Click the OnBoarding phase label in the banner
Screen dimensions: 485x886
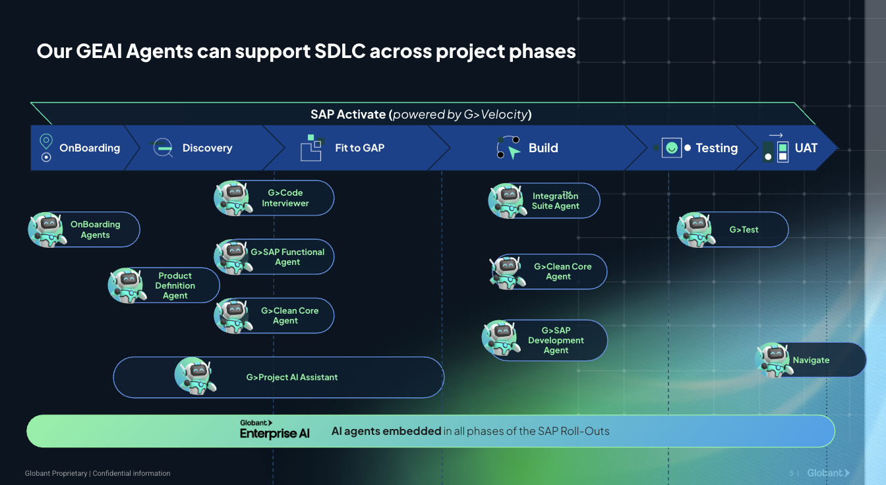pyautogui.click(x=90, y=148)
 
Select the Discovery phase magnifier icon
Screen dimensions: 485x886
pyautogui.click(x=162, y=148)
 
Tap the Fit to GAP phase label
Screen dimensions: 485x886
pyautogui.click(x=359, y=148)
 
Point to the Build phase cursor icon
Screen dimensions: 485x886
pyautogui.click(x=508, y=148)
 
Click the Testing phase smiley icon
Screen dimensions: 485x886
pyautogui.click(x=671, y=148)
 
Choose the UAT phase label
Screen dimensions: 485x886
pyautogui.click(x=806, y=148)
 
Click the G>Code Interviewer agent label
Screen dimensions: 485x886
pyautogui.click(x=285, y=198)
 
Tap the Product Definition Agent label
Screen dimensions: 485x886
pyautogui.click(x=175, y=286)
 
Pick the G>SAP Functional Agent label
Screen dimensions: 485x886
pyautogui.click(x=287, y=257)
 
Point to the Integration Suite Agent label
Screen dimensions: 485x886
pyautogui.click(x=556, y=201)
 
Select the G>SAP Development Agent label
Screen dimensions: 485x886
pyautogui.click(x=556, y=341)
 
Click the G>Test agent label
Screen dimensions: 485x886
pyautogui.click(x=744, y=230)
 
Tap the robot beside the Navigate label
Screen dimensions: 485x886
pyautogui.click(x=773, y=360)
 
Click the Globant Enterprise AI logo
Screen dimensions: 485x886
pyautogui.click(x=274, y=429)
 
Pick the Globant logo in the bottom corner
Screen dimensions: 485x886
pyautogui.click(x=828, y=473)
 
